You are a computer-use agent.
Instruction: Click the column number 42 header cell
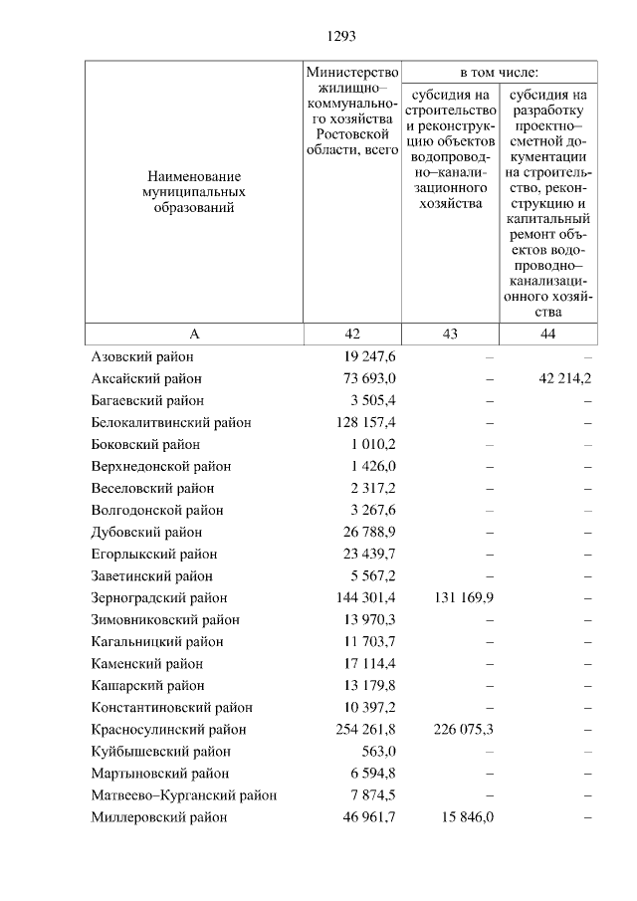tap(352, 335)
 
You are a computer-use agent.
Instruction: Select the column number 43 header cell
tap(450, 335)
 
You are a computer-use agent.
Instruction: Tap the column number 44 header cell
tap(547, 335)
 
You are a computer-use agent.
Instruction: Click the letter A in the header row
tap(194, 335)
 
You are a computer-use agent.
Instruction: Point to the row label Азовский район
tap(142, 357)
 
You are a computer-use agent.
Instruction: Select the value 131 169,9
tap(462, 598)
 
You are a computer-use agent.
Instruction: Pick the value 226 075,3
tap(462, 730)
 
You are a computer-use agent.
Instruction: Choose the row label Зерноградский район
tap(159, 598)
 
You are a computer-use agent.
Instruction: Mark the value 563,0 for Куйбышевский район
tap(378, 752)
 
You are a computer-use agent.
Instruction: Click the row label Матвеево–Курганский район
tap(184, 795)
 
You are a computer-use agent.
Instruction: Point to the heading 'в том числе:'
tap(499, 74)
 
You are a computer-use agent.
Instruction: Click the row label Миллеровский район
tap(159, 817)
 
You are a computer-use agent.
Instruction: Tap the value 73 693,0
tap(367, 379)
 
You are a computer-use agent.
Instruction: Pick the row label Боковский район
tap(145, 445)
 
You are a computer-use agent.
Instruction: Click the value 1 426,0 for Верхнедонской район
tap(372, 467)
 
